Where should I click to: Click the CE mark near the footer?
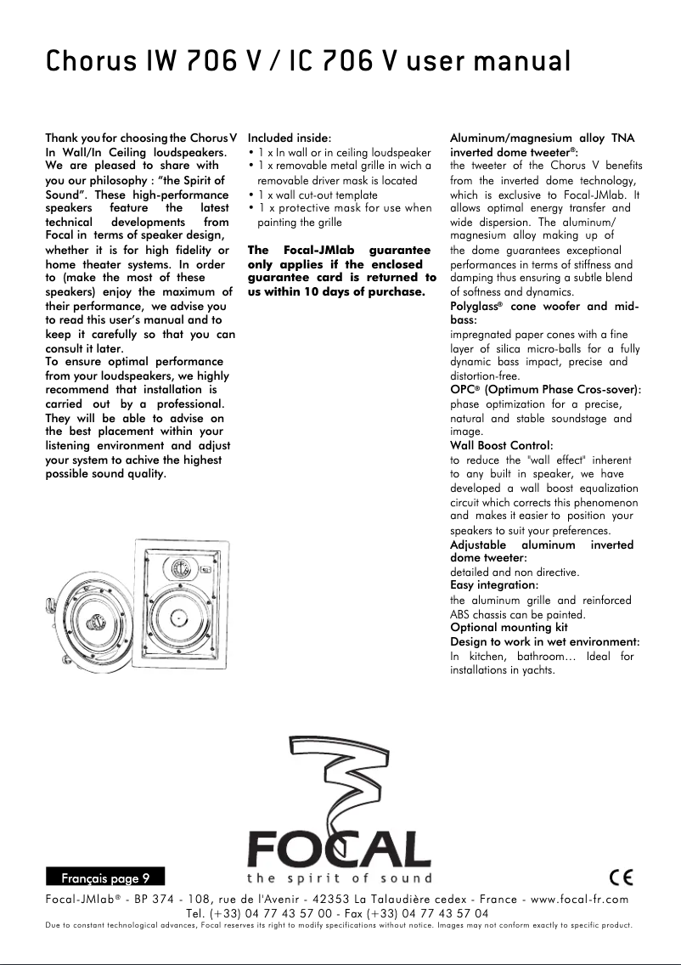coord(622,876)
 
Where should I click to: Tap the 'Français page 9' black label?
coord(104,877)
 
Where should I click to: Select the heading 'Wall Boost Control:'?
coord(501,445)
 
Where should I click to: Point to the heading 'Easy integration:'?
coord(493,585)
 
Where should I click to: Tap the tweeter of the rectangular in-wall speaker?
coord(179,570)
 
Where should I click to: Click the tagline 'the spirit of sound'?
coord(339,878)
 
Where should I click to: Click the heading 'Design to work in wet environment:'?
coord(544,641)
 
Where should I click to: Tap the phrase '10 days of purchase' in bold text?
coord(367,291)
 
